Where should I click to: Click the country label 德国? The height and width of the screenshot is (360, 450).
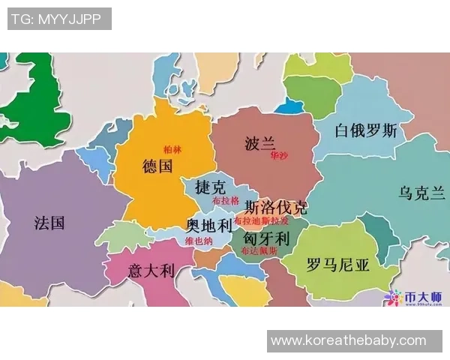click(x=157, y=166)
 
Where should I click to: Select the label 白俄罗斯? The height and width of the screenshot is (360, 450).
click(x=366, y=130)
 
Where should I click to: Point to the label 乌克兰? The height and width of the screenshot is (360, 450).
click(x=422, y=193)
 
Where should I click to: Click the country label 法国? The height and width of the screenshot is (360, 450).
click(x=49, y=223)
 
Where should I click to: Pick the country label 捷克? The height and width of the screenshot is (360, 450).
click(x=209, y=186)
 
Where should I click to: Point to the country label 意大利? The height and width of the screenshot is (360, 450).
click(x=151, y=271)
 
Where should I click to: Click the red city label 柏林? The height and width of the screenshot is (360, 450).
click(x=172, y=149)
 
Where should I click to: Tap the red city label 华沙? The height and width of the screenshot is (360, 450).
click(x=279, y=156)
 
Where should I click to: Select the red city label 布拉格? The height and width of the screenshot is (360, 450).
click(x=225, y=201)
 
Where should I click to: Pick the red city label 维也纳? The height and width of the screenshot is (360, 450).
click(x=199, y=241)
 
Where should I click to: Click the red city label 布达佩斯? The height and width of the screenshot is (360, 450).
click(x=259, y=251)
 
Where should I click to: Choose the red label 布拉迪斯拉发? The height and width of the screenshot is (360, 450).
click(x=261, y=221)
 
